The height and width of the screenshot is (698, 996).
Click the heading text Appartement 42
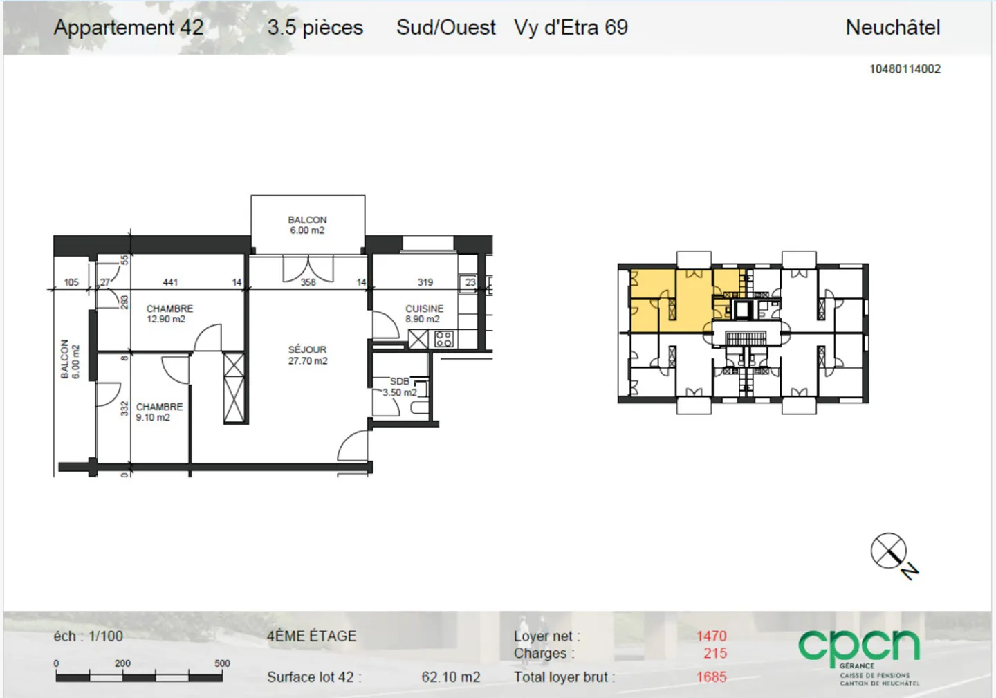pyautogui.click(x=129, y=28)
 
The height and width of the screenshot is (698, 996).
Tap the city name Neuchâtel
pyautogui.click(x=892, y=28)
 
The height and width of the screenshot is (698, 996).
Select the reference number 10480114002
pyautogui.click(x=905, y=68)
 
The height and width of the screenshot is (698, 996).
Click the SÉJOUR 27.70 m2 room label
pyautogui.click(x=308, y=355)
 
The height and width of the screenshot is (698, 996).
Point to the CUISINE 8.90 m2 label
pyautogui.click(x=424, y=313)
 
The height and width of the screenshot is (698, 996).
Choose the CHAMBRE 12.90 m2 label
pyautogui.click(x=169, y=313)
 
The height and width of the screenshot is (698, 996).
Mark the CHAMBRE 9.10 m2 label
pyautogui.click(x=158, y=412)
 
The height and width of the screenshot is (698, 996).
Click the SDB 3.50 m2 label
pyautogui.click(x=400, y=387)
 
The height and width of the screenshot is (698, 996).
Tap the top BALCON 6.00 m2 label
pyautogui.click(x=307, y=225)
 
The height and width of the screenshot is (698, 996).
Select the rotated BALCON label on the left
pyautogui.click(x=70, y=359)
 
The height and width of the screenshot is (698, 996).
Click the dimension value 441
pyautogui.click(x=170, y=282)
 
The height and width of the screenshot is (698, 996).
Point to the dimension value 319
pyautogui.click(x=425, y=282)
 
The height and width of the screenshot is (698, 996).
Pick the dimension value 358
pyautogui.click(x=308, y=282)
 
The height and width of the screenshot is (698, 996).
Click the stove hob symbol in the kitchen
pyautogui.click(x=444, y=339)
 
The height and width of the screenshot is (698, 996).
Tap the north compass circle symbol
pyautogui.click(x=888, y=551)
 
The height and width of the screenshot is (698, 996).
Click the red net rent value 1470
pyautogui.click(x=711, y=636)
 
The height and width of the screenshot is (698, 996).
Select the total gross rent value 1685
pyautogui.click(x=711, y=677)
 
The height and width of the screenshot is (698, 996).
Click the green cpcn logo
pyautogui.click(x=858, y=647)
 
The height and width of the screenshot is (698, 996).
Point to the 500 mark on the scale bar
pyautogui.click(x=222, y=663)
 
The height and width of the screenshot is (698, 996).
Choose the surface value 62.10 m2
pyautogui.click(x=450, y=677)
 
